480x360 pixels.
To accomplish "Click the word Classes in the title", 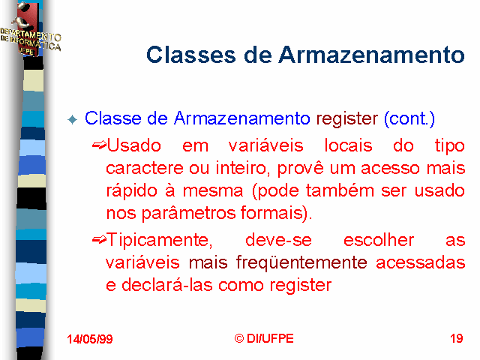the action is (191, 55).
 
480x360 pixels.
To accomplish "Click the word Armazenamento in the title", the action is (372, 55).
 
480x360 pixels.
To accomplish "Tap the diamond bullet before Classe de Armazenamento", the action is (73, 119).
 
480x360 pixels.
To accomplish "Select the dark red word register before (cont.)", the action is (346, 118).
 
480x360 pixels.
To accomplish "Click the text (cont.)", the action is (409, 118).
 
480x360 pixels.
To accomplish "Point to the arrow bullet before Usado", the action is (99, 145).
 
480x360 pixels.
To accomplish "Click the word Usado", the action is (133, 145).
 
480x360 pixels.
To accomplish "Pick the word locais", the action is (348, 145).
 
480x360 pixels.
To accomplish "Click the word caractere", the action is (145, 168).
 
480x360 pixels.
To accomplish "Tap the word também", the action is (340, 190).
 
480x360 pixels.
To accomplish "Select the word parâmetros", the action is (189, 213).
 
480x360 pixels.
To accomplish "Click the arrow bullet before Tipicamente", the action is (99, 240).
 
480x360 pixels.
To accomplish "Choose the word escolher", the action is (379, 240).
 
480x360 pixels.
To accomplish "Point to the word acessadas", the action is (421, 263).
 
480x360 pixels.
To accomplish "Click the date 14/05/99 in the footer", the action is (90, 339).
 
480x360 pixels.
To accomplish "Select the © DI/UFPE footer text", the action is (264, 338).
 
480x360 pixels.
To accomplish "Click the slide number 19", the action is (457, 338).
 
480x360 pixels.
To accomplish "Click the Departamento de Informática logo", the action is (30, 31).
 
